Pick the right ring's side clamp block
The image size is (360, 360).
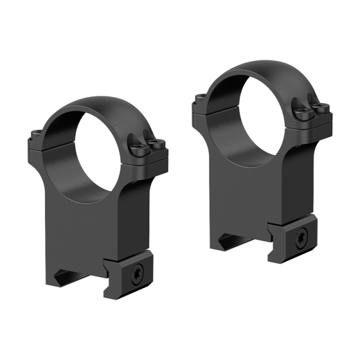tap(292, 239)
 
